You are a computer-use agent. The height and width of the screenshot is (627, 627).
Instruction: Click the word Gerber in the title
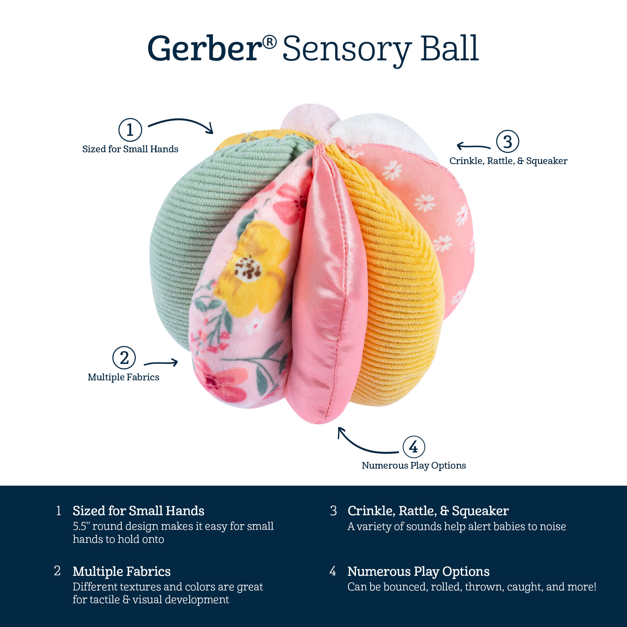[205, 49]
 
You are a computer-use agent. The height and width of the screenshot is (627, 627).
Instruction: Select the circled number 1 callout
[130, 130]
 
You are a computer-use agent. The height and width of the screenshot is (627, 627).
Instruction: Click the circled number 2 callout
[124, 358]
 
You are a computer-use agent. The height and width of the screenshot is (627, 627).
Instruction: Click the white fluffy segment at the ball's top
[383, 133]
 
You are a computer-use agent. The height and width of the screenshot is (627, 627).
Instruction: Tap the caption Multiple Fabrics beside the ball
[123, 377]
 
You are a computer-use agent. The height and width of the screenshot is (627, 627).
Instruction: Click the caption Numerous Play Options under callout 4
[414, 465]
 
